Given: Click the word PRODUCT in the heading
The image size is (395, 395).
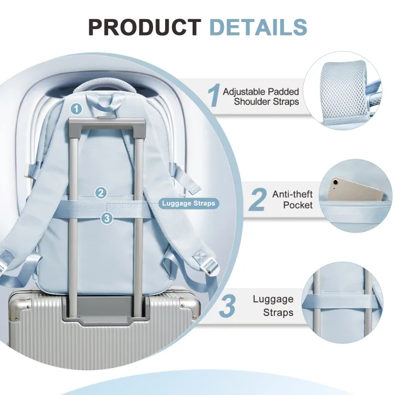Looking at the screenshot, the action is pos(145,27).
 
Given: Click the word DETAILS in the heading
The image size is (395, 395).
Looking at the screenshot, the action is pos(258,27).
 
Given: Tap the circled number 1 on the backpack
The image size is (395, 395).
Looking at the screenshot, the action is pos(76,109).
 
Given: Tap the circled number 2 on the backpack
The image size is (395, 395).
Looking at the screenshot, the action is pos(101,193).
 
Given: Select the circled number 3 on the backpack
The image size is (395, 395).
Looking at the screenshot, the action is pos(107,218).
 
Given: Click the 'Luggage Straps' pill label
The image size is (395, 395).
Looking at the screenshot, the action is pos(189,204).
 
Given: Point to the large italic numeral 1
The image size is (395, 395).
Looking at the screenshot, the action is pos(214,95).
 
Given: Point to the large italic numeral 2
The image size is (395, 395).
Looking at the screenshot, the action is pos(257,199).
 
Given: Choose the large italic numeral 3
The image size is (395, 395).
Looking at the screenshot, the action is pos(228,306).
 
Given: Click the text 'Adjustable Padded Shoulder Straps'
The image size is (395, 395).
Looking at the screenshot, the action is pos(261,97).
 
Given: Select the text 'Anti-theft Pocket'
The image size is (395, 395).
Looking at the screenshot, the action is pos(292,199).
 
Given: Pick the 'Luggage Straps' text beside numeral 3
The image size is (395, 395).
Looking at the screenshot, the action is pos(273,306).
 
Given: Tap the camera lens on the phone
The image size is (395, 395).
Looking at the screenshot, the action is pos(335,182).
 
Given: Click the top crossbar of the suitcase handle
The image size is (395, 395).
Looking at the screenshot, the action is pos(107,123).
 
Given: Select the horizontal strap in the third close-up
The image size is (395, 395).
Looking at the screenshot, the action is pos(342,301).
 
